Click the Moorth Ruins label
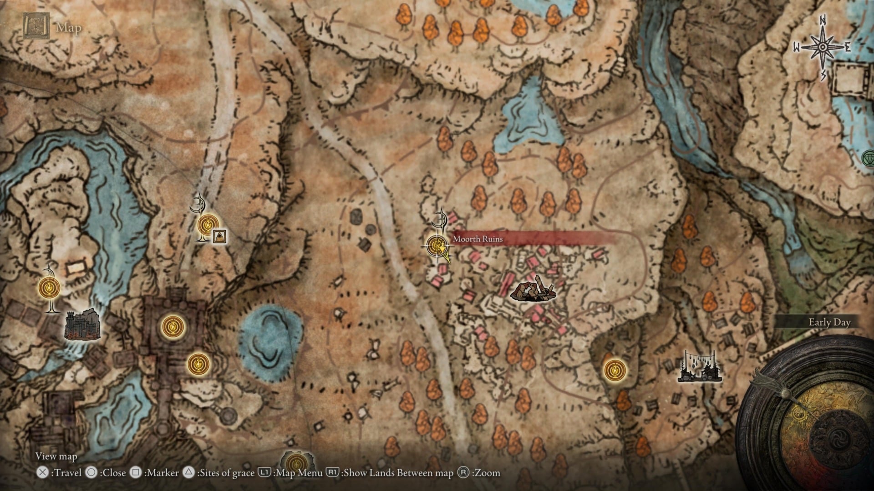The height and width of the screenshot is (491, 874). coord(478,239)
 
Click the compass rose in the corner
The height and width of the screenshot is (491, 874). coord(823,47)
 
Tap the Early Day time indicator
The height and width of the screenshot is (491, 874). coord(829,322)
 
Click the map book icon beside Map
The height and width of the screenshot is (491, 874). coord(36,26)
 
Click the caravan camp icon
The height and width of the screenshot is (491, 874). coord(699,367)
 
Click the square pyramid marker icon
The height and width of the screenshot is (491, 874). coord(219,235)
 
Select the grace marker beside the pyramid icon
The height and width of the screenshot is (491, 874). coord(207,225)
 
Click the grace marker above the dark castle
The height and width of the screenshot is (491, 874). coord(50,287)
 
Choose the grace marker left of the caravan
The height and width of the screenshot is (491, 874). coord(615,370)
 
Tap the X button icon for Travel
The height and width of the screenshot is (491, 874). coord(42,473)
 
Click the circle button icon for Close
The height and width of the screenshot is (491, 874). coord(91,473)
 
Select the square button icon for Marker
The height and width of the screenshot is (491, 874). coord(136,473)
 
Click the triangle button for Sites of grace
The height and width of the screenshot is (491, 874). coord(188,473)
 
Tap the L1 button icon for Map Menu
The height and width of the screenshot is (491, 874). coord(264,473)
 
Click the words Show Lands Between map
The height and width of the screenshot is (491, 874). coord(398,473)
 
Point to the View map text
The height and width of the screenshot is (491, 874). coord(56,456)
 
